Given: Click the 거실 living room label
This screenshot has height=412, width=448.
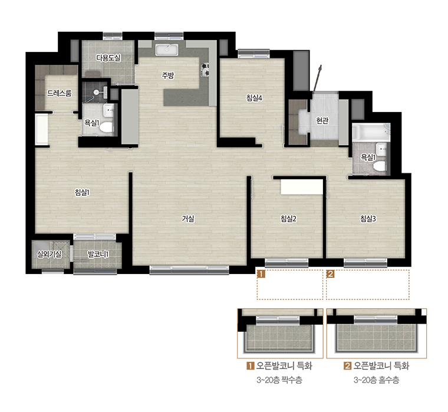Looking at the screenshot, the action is [x=188, y=219].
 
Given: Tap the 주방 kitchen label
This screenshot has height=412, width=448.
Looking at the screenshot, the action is [x=168, y=75].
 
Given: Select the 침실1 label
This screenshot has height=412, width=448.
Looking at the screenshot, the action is [x=83, y=193].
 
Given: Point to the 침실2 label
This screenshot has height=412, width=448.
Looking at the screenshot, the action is [x=288, y=219].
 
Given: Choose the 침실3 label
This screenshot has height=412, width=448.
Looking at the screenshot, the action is [x=368, y=219].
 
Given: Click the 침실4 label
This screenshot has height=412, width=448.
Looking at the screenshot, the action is [x=254, y=98].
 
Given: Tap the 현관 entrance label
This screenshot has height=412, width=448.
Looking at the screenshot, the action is [x=322, y=121].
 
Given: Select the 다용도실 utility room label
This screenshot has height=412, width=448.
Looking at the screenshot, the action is [x=108, y=58].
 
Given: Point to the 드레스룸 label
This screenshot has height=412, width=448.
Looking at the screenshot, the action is [x=59, y=93].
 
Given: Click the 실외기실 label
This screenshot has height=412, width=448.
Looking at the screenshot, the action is [x=49, y=254].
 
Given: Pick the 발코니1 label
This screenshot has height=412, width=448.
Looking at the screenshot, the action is [x=98, y=253].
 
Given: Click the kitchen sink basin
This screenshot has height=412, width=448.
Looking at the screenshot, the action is [x=167, y=50].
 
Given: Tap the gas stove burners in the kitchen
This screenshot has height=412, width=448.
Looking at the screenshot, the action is [x=205, y=70].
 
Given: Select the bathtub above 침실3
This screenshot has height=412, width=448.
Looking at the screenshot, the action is [x=371, y=132].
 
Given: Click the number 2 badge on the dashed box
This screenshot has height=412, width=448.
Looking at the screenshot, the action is [x=330, y=274].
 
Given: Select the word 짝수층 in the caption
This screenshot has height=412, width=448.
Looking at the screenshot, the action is [x=291, y=380].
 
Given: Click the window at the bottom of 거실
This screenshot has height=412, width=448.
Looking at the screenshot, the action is [x=189, y=269].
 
